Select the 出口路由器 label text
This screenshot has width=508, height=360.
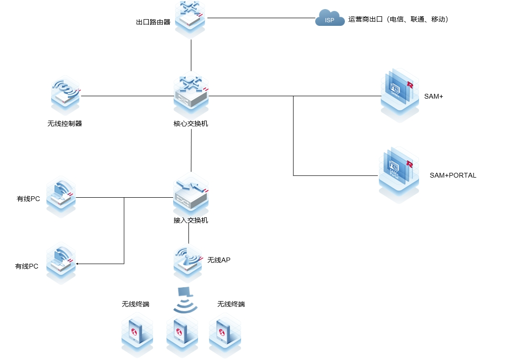(x=153, y=22)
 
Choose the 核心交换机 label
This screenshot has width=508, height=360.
(x=191, y=124)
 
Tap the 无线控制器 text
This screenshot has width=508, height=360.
(x=65, y=124)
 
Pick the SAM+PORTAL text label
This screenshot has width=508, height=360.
(x=453, y=175)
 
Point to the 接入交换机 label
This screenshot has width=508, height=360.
(x=191, y=221)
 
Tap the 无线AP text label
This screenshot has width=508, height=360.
(x=219, y=260)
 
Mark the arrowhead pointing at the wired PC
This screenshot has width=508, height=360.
(x=77, y=264)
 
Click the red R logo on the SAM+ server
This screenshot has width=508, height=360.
(x=409, y=85)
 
